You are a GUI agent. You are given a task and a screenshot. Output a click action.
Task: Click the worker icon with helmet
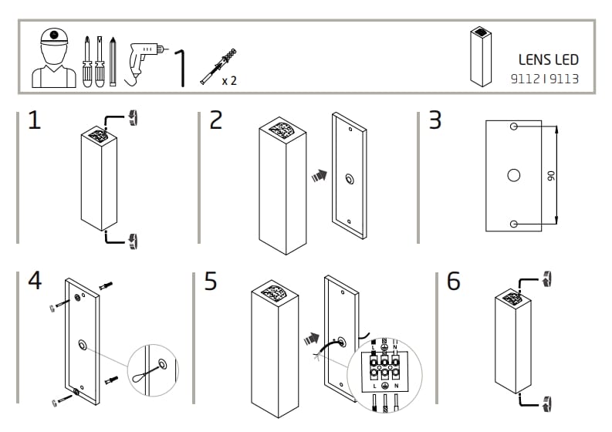53,59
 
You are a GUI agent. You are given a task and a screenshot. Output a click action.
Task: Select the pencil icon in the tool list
113,60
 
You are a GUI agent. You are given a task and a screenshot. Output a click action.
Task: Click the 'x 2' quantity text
228,79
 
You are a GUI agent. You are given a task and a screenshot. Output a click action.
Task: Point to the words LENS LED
549,60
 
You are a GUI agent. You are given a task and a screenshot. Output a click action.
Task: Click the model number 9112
525,79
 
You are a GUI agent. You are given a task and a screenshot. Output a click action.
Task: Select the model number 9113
565,79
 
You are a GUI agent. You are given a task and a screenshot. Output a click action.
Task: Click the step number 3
434,121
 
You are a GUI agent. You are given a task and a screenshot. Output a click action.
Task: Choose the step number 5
211,282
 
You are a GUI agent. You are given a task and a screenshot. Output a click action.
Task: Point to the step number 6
453,282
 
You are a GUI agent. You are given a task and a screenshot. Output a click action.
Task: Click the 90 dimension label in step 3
550,176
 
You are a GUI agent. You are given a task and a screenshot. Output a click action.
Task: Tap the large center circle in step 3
514,175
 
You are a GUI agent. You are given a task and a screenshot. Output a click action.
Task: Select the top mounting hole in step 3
515,127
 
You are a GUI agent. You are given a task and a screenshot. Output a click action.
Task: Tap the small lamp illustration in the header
481,56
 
